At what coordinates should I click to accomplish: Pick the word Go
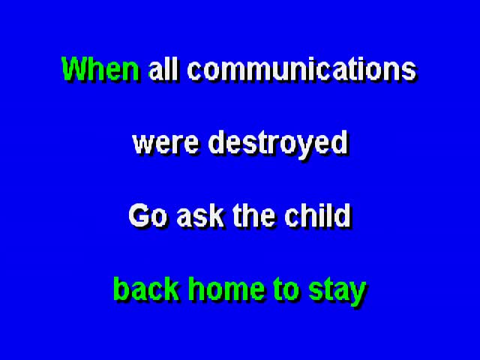pyautogui.click(x=148, y=215)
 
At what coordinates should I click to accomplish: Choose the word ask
pyautogui.click(x=200, y=215)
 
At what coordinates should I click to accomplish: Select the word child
pyautogui.click(x=317, y=215)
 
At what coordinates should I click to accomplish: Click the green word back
pyautogui.click(x=145, y=288)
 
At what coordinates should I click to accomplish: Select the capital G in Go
pyautogui.click(x=139, y=215)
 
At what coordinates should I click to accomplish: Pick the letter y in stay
pyautogui.click(x=357, y=295)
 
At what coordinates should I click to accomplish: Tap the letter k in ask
pyautogui.click(x=215, y=215)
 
